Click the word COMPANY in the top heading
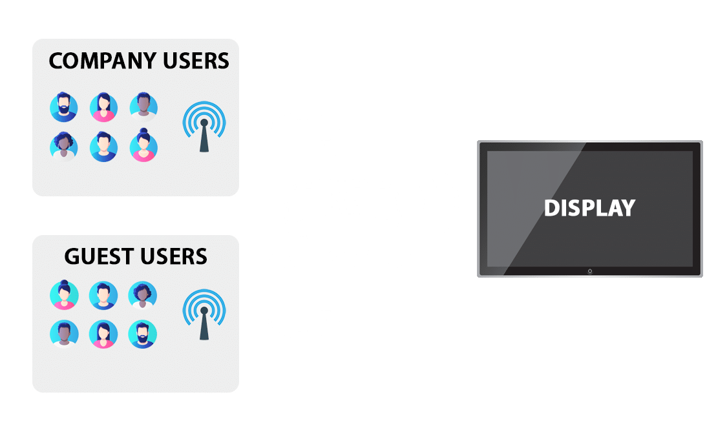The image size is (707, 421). point(102,61)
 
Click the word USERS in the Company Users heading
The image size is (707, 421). point(196,61)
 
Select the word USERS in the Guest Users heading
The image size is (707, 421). point(174,256)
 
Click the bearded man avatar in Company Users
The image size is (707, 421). point(63,107)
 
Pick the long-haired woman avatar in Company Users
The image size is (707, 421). point(103,107)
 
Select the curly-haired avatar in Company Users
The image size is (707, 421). point(63,147)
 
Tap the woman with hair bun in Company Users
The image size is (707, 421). point(143,145)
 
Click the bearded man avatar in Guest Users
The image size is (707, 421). point(142,334)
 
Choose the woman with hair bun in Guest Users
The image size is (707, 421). point(64,294)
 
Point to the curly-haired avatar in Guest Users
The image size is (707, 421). point(142,296)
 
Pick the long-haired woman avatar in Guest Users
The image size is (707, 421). point(103,334)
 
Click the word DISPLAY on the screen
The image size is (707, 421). point(590,209)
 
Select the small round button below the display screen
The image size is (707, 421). point(590,271)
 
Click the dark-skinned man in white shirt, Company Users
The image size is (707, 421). point(143,107)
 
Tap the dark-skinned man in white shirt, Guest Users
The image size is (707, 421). point(64,334)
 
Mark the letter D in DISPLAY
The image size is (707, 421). point(551,209)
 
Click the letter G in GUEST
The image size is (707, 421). point(72,256)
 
